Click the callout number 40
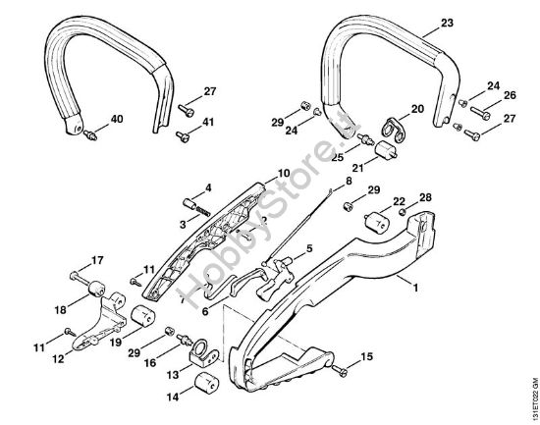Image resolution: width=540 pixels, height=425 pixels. tap(117, 120)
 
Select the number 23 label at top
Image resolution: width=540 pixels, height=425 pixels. tap(448, 23)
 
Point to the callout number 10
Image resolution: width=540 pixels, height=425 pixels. tap(255, 174)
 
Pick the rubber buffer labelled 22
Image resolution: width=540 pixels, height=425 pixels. tap(374, 219)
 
